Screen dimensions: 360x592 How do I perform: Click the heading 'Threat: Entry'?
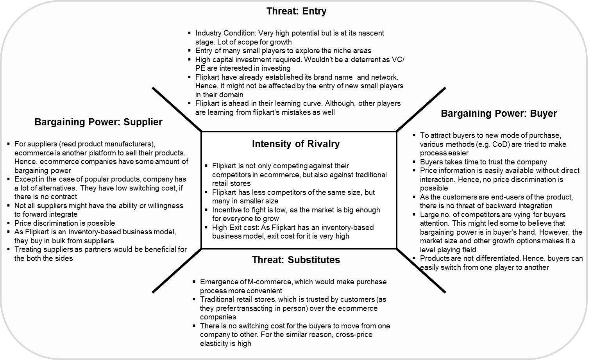point(296,11)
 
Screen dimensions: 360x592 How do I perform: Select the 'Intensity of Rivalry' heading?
point(296,144)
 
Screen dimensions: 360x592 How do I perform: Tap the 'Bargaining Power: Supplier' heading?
point(98,122)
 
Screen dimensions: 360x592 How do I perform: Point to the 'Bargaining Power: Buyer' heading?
point(499,114)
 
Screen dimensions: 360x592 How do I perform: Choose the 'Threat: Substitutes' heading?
point(296,260)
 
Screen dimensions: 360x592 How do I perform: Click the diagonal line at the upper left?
point(177,109)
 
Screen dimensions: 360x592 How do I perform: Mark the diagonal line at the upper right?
point(421,109)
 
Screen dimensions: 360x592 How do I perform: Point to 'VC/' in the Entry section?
point(399,60)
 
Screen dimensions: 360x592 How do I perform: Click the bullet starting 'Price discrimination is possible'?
point(64,223)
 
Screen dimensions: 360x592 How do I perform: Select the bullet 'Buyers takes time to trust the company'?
point(483,162)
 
